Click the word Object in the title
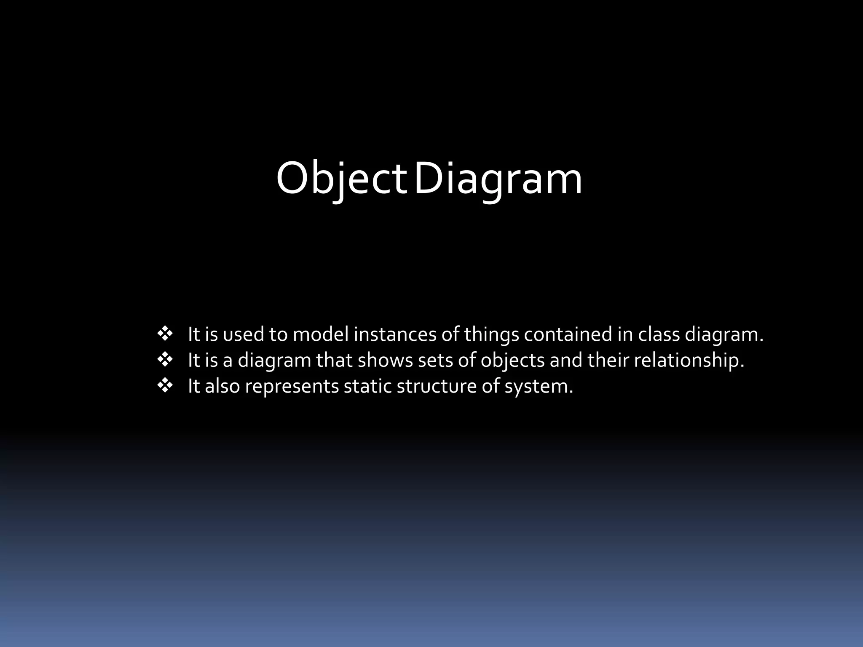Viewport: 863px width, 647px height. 341,179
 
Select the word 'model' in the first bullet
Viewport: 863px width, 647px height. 321,334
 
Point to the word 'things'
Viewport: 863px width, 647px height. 491,335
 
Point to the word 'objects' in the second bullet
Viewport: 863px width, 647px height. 512,361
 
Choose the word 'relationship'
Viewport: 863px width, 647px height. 689,361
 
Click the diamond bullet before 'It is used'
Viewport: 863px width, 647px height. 165,334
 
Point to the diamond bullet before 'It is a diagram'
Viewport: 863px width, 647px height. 165,360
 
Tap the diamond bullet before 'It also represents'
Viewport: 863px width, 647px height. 165,386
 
